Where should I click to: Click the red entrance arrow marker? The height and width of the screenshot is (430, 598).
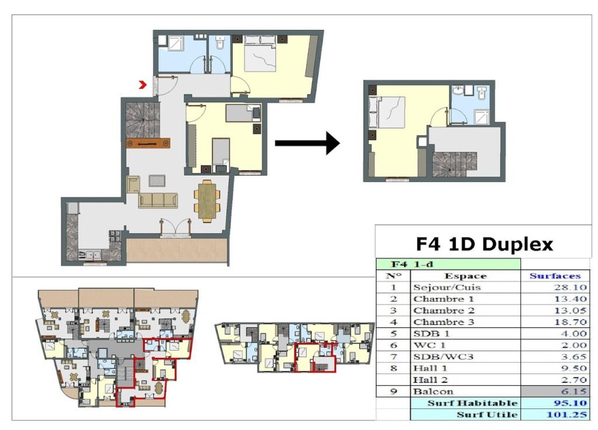(142, 85)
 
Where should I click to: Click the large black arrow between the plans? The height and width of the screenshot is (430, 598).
(307, 143)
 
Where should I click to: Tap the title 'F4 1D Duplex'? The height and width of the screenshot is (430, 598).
(484, 244)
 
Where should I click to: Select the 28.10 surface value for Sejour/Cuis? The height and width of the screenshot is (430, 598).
(570, 287)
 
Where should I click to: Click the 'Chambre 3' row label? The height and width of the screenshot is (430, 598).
(444, 322)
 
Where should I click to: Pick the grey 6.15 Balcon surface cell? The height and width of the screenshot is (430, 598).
(555, 391)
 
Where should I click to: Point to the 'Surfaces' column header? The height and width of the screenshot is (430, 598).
(555, 276)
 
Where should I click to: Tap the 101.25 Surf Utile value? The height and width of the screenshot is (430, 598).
(566, 414)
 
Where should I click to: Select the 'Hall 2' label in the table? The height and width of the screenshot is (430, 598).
(430, 380)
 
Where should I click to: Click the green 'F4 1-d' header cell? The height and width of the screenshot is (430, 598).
(448, 264)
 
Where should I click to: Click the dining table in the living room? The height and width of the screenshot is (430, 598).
(207, 201)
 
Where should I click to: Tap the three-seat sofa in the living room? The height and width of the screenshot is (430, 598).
(158, 200)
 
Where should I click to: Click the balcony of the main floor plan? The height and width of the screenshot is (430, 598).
(176, 250)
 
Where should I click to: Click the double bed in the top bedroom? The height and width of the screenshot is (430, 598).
(260, 53)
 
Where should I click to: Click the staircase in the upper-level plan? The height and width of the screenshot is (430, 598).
(454, 165)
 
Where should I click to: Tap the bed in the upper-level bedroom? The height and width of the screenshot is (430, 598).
(387, 113)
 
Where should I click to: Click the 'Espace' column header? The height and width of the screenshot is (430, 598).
(465, 276)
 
